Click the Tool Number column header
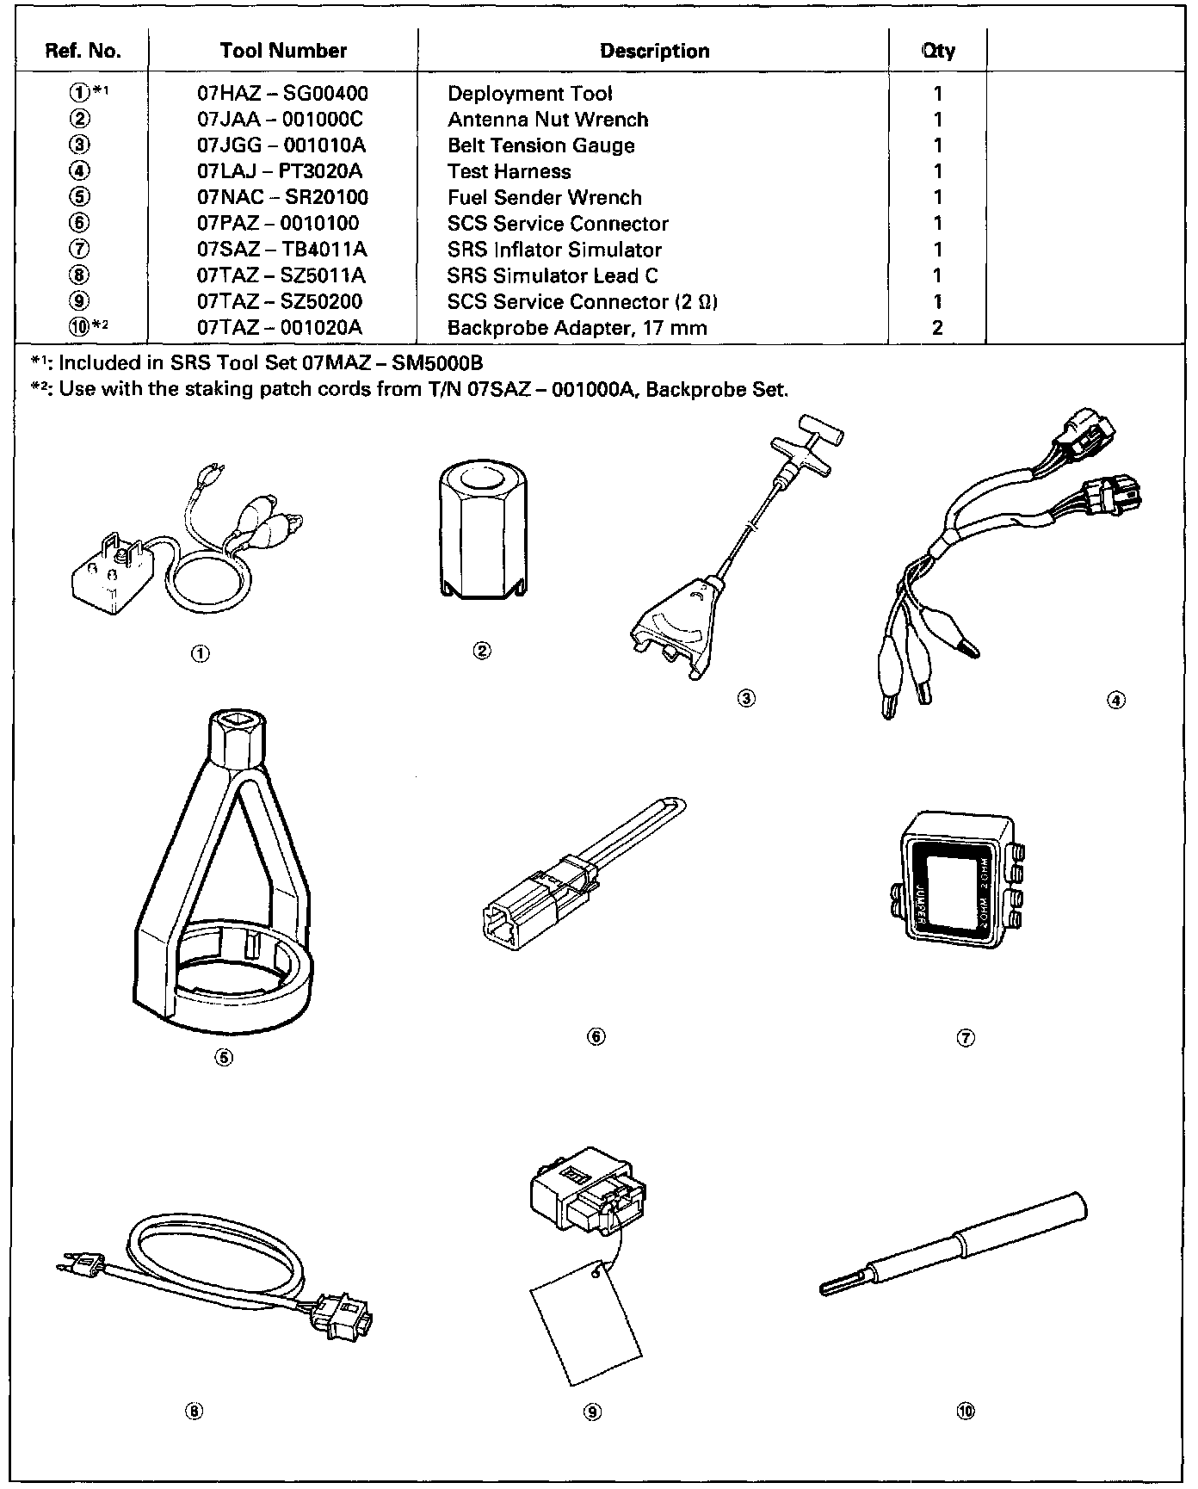point(283,51)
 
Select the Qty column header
point(937,51)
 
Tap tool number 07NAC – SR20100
point(282,197)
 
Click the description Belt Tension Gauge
point(540,145)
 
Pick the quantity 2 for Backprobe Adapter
point(937,327)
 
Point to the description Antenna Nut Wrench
point(547,120)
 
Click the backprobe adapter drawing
point(955,1246)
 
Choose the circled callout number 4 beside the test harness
point(1115,700)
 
